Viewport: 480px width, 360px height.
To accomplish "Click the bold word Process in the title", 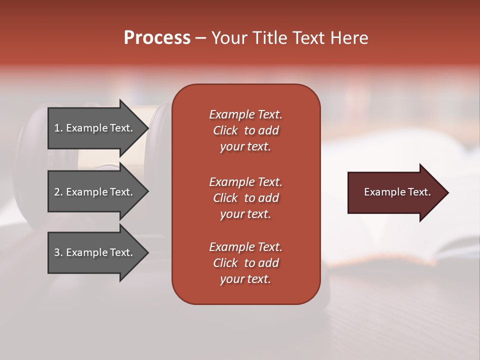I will click(157, 38).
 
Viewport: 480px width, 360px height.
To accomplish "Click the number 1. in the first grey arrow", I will click(58, 128).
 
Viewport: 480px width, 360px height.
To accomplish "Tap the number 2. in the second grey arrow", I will click(58, 192).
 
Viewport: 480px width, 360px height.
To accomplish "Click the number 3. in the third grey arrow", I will click(58, 252).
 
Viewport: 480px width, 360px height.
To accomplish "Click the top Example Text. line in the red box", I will click(245, 114).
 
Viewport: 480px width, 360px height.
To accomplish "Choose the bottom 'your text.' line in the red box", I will click(245, 279).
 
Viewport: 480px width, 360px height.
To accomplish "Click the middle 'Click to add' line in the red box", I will click(245, 198).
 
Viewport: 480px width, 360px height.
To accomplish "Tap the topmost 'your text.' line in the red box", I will click(245, 146).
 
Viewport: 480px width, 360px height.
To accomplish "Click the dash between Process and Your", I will click(201, 38).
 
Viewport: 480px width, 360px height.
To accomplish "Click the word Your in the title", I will click(228, 38).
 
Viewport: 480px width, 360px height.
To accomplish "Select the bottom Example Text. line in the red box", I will click(245, 247).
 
